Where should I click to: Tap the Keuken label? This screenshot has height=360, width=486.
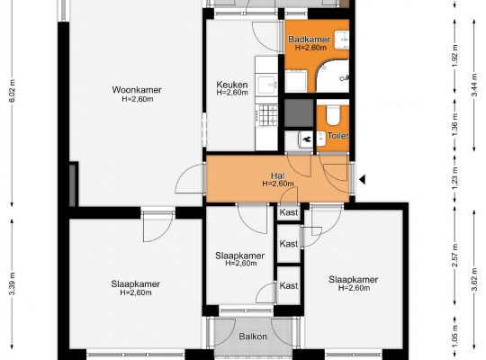pos(232,85)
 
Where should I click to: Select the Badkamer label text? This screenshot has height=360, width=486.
pos(309,40)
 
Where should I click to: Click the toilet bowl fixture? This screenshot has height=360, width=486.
pos(333,114)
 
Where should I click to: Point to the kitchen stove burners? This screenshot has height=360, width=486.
pos(268,115)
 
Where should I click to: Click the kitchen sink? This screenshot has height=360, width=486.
pos(267,85)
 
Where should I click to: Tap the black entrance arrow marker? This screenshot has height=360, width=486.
pos(363,179)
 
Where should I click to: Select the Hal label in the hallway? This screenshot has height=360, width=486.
pos(278,175)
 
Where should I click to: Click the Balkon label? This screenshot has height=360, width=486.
pos(253,337)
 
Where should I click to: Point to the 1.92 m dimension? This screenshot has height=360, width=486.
pos(454,56)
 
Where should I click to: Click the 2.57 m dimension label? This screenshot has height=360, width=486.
pos(454,256)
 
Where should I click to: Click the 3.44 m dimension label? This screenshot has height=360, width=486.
pos(474,85)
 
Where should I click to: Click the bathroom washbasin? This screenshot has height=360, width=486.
pos(342,40)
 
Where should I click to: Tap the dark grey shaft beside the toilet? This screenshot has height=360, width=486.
pos(299,112)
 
